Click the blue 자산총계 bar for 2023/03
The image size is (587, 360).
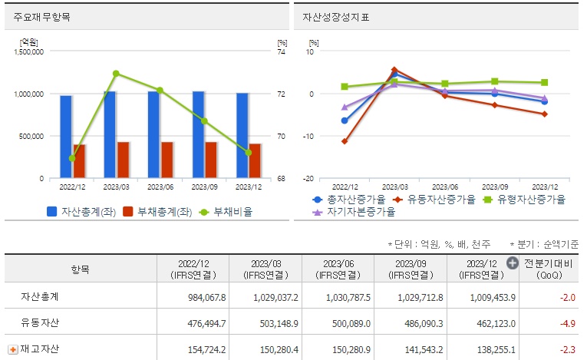(x=110, y=134)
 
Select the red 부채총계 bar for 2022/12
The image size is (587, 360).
(x=80, y=161)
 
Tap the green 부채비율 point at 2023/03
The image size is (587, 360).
(x=116, y=74)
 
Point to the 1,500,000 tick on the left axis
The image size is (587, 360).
(x=28, y=51)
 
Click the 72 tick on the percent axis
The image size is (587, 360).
(x=282, y=94)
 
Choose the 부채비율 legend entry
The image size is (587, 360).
(x=226, y=211)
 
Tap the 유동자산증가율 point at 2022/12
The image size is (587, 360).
(x=345, y=141)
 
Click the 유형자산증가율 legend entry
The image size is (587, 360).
(x=530, y=200)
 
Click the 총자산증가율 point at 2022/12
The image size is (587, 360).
(x=345, y=121)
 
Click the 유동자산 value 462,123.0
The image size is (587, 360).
(x=477, y=322)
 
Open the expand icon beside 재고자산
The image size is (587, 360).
(x=13, y=349)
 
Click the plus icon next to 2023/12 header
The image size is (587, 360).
(x=513, y=263)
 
